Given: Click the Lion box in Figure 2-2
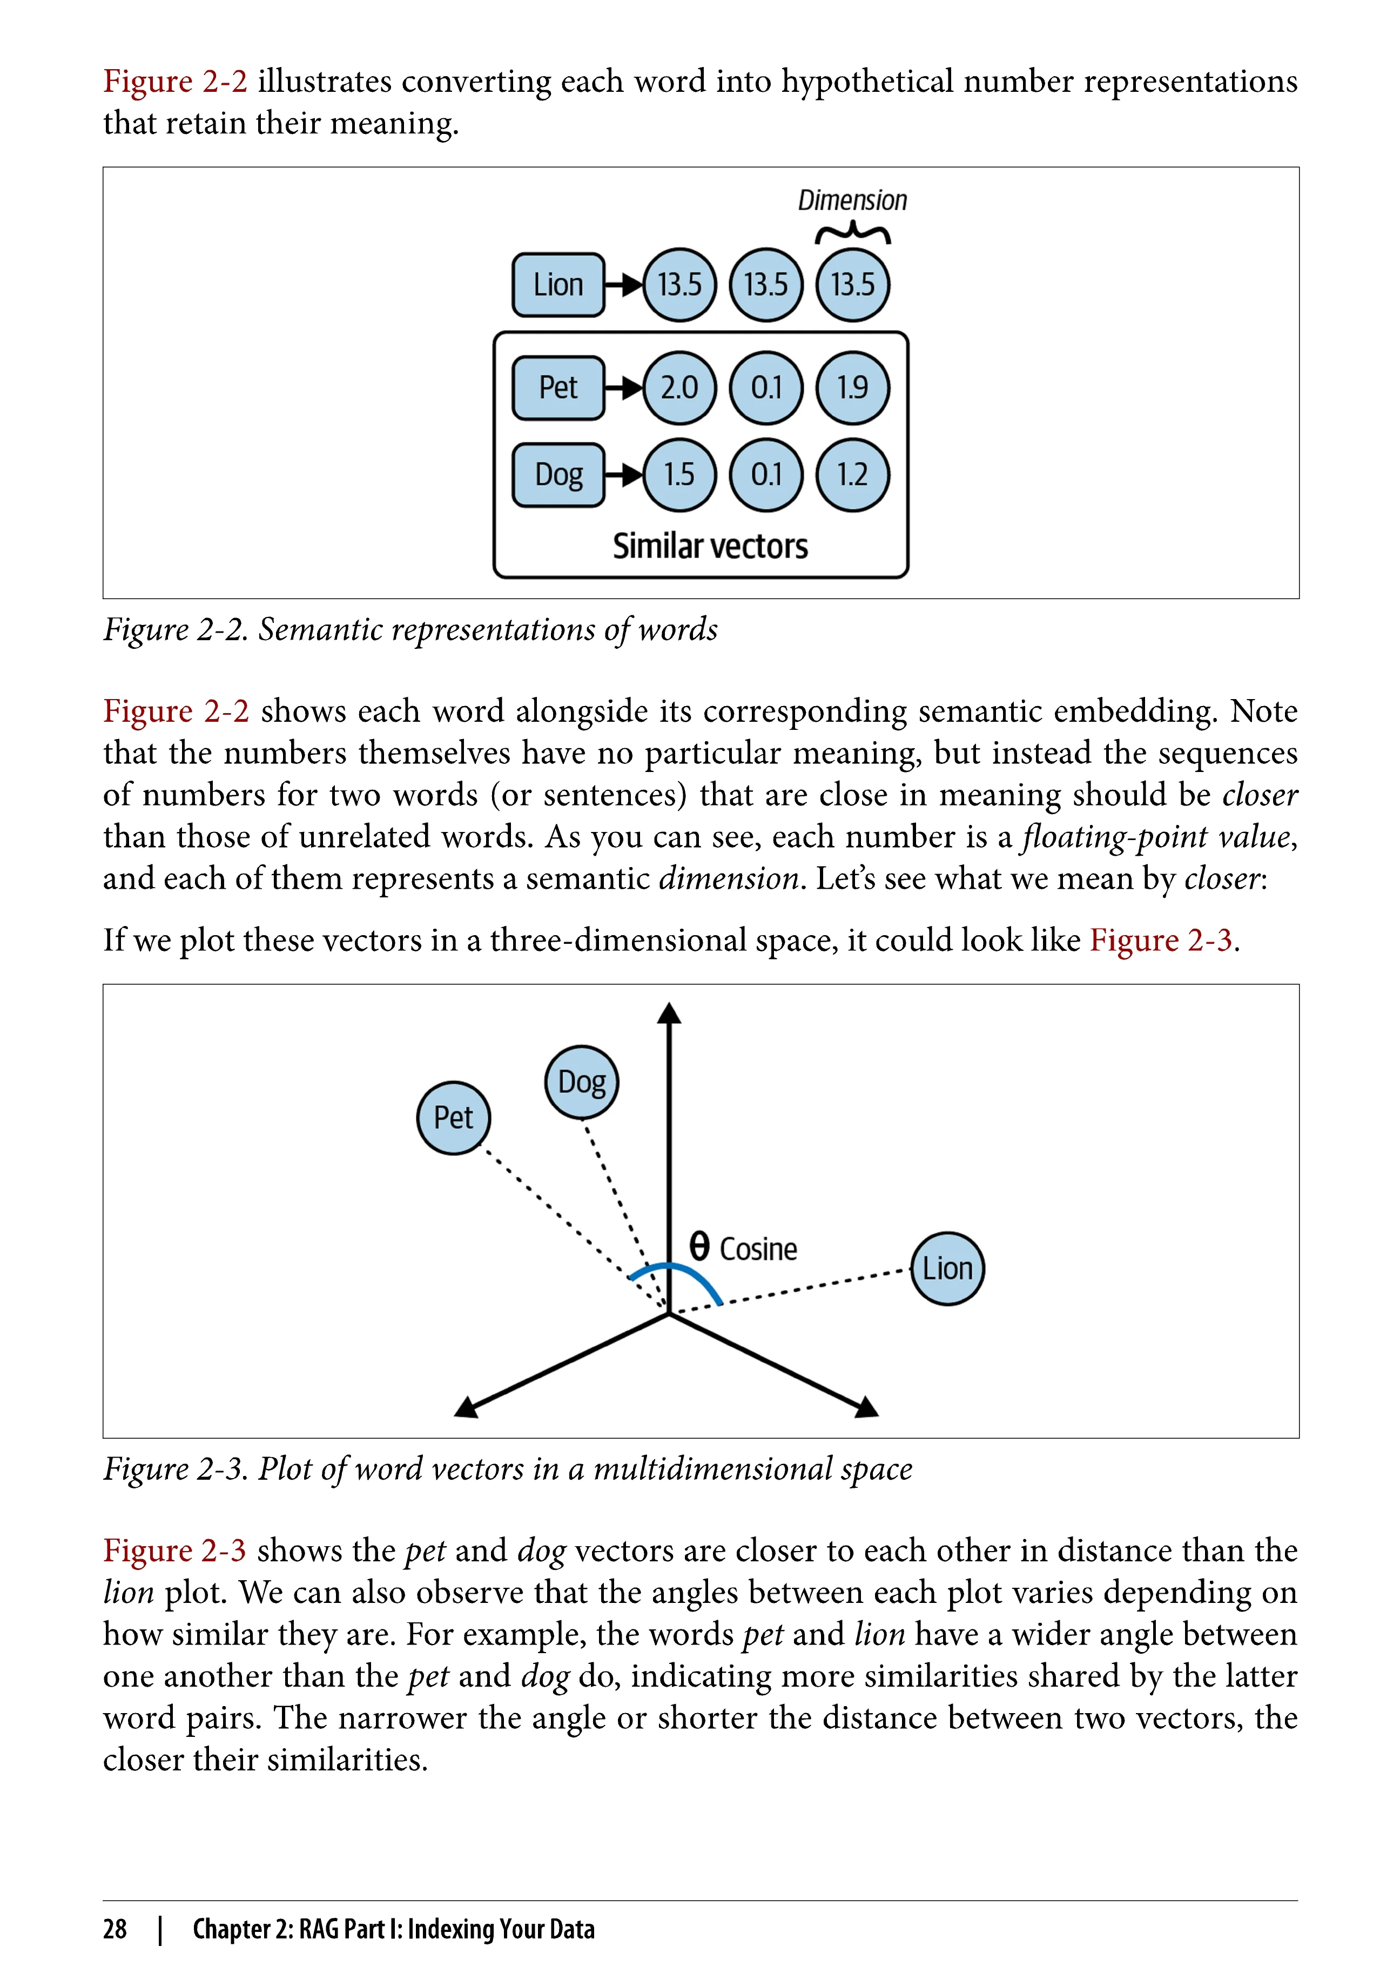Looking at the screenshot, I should click(558, 285).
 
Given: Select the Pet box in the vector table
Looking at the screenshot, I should click(558, 388).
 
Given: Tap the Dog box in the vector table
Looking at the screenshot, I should click(558, 474).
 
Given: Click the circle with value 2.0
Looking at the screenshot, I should click(679, 388).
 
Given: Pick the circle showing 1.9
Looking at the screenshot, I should click(853, 388).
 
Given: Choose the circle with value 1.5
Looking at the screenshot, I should click(679, 474).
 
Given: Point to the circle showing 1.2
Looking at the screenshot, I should click(853, 474).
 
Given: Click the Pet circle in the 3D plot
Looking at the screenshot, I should click(454, 1118).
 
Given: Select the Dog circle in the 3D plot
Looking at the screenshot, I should click(582, 1082).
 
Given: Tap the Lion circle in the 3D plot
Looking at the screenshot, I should click(947, 1268).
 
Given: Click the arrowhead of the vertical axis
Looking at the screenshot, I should click(669, 1014).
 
